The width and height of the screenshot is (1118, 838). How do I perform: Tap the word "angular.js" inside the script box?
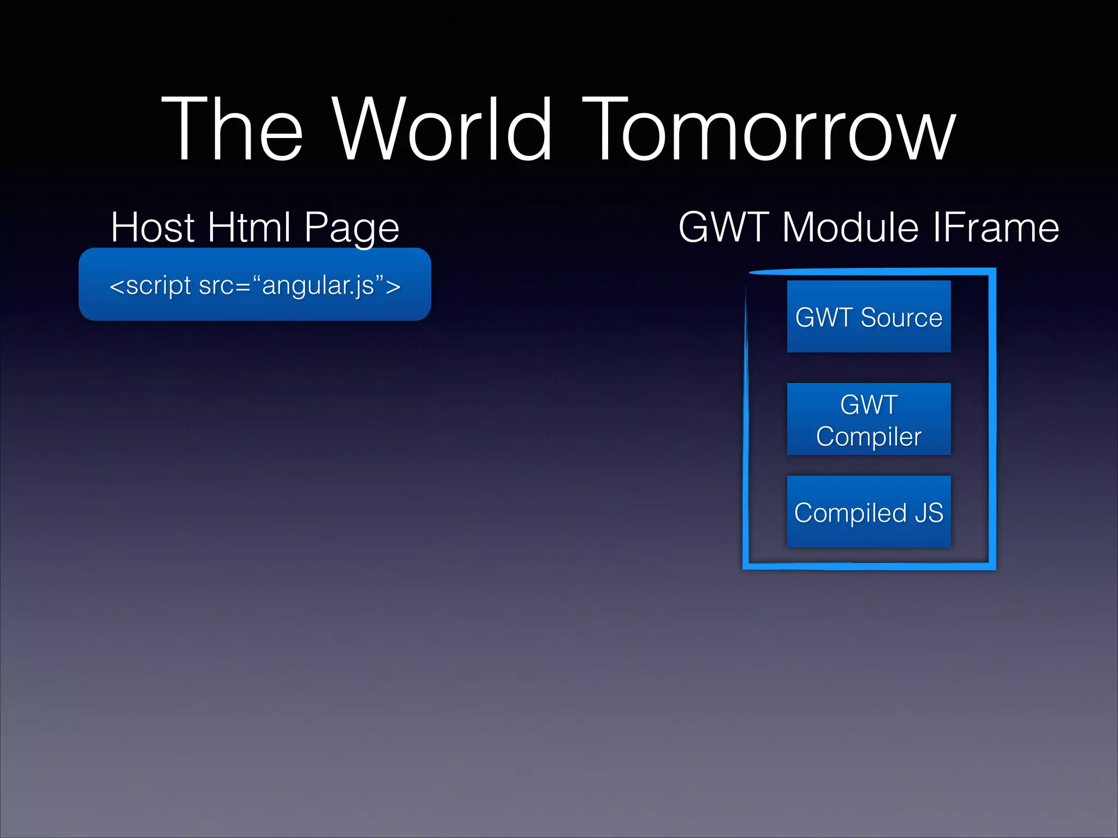click(318, 285)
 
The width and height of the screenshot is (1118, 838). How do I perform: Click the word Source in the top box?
click(901, 318)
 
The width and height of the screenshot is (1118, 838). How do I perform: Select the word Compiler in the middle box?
click(869, 436)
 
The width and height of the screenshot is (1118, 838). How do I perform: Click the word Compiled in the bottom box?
click(850, 513)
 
